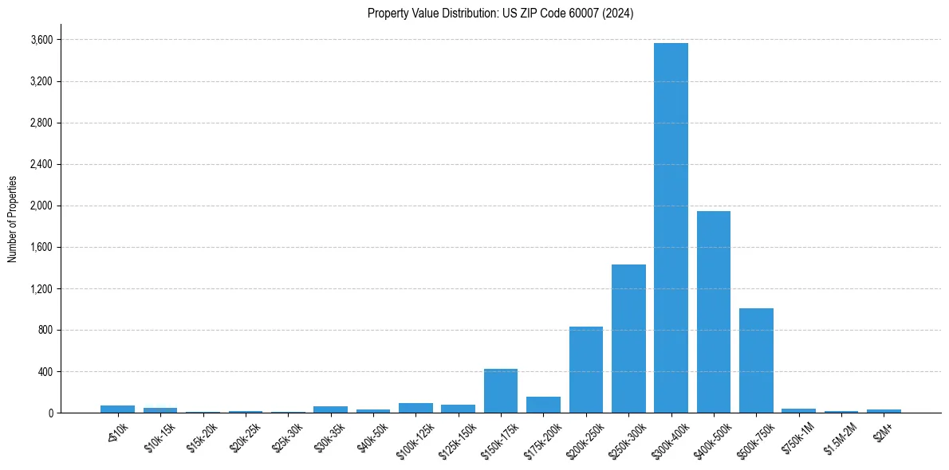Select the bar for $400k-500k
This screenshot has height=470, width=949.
click(x=714, y=311)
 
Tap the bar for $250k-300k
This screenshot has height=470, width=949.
click(x=628, y=339)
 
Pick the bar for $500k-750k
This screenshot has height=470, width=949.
click(x=756, y=360)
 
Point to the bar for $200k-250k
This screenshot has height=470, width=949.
click(x=586, y=370)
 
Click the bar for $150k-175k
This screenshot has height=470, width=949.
click(x=501, y=390)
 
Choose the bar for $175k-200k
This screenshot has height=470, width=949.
click(x=543, y=405)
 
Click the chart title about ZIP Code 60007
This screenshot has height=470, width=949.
click(x=500, y=14)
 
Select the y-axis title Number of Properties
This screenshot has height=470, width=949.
click(x=13, y=218)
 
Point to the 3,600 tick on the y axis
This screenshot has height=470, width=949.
click(x=41, y=40)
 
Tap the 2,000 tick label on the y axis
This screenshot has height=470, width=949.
click(x=41, y=206)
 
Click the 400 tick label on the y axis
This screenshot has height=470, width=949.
click(x=45, y=371)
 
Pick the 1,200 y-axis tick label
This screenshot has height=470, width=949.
click(x=41, y=288)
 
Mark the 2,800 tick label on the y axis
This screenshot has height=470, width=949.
click(x=41, y=123)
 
